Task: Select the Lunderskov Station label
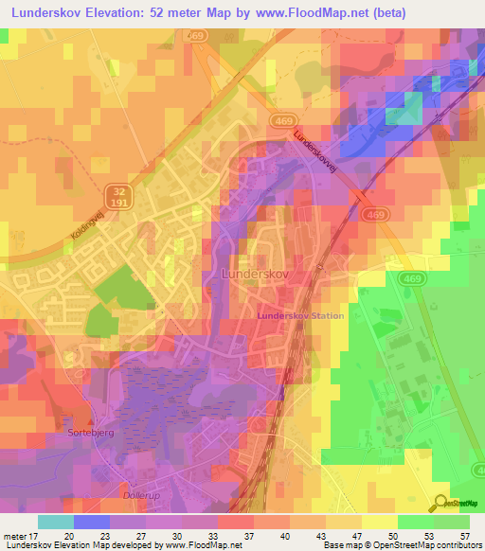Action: pos(301,315)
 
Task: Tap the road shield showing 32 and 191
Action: pos(113,196)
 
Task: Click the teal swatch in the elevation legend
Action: pos(56,521)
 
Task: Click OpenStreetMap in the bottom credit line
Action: pos(391,545)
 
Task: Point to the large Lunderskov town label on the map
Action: pos(254,272)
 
